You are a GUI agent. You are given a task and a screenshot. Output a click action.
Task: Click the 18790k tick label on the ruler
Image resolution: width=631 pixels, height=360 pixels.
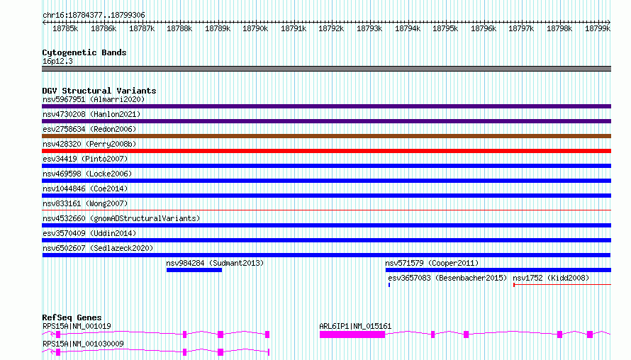[255, 28]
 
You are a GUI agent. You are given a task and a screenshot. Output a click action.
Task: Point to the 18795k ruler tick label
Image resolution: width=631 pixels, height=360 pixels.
[445, 28]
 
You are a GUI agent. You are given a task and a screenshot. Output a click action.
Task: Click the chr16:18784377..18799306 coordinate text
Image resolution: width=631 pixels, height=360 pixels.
[94, 15]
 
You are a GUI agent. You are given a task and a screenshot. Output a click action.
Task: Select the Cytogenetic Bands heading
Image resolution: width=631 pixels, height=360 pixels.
[84, 52]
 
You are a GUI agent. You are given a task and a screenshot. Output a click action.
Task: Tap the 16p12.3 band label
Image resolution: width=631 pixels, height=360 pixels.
[57, 61]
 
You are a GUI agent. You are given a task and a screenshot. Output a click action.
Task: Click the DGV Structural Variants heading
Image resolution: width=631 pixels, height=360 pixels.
[99, 91]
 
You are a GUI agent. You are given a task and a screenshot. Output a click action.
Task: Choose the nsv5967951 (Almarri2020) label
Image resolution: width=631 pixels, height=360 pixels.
[94, 99]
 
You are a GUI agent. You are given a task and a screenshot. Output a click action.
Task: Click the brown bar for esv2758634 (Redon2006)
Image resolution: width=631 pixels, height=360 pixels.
[326, 136]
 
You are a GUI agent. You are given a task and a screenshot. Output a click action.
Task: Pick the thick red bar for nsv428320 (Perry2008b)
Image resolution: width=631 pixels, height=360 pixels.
[326, 151]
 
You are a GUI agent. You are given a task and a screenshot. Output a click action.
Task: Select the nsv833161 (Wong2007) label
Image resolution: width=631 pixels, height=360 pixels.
[85, 203]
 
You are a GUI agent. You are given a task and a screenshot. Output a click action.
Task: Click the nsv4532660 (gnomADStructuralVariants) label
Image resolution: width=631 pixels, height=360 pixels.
[121, 218]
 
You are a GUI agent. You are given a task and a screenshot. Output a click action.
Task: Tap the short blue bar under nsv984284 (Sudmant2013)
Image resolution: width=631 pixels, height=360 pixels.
[194, 270]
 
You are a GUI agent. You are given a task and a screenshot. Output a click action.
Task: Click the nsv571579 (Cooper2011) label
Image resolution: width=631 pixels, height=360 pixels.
[432, 263]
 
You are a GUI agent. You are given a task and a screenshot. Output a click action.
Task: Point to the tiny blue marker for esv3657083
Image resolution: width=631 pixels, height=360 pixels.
[389, 285]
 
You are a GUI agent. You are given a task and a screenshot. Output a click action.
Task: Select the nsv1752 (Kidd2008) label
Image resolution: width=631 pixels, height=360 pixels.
[550, 278]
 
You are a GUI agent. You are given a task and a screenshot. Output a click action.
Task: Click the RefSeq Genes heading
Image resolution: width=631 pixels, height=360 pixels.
[72, 317]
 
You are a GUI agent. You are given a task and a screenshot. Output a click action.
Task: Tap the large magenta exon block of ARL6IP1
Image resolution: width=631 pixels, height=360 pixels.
[352, 334]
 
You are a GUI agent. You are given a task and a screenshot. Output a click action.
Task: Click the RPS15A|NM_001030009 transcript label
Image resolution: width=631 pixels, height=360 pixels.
[83, 344]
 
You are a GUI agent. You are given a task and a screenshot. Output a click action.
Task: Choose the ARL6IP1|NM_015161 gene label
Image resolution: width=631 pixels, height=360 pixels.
[355, 326]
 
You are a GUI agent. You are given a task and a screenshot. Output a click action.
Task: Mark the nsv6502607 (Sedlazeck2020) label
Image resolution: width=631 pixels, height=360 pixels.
[98, 248]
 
